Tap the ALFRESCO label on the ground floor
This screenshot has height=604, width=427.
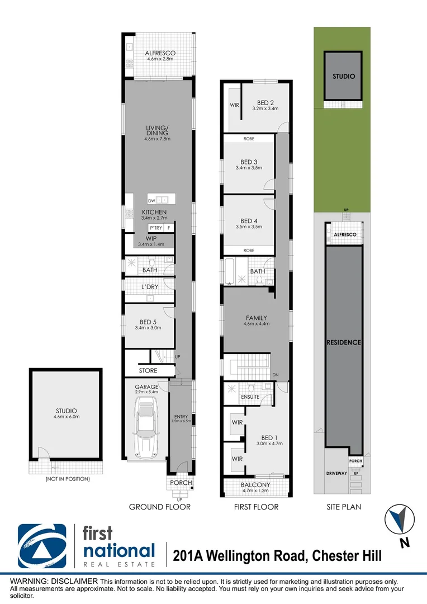click(x=160, y=54)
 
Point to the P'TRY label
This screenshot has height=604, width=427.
click(x=155, y=228)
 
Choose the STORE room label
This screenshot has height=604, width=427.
click(x=148, y=371)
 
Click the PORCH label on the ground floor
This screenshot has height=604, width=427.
click(x=181, y=483)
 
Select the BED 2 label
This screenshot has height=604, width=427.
click(x=265, y=102)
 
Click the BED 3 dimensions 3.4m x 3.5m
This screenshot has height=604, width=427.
click(x=249, y=168)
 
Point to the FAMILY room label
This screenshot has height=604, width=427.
click(x=257, y=318)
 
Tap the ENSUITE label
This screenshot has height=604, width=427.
click(x=249, y=397)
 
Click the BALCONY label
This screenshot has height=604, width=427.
click(x=257, y=485)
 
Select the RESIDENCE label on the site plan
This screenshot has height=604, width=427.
click(x=344, y=342)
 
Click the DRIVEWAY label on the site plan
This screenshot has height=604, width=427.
click(x=337, y=473)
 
